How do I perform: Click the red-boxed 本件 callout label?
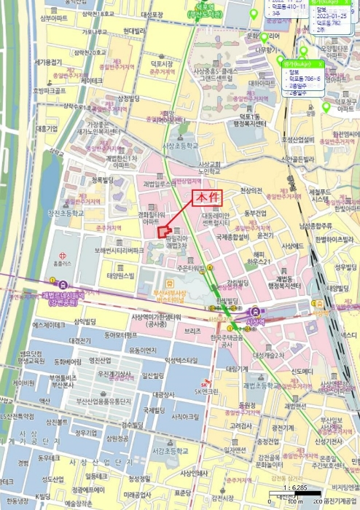206,199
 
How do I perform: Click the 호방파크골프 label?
50,91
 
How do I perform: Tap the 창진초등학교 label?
66,213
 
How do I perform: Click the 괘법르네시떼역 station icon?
52,281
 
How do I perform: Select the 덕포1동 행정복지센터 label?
251,119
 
